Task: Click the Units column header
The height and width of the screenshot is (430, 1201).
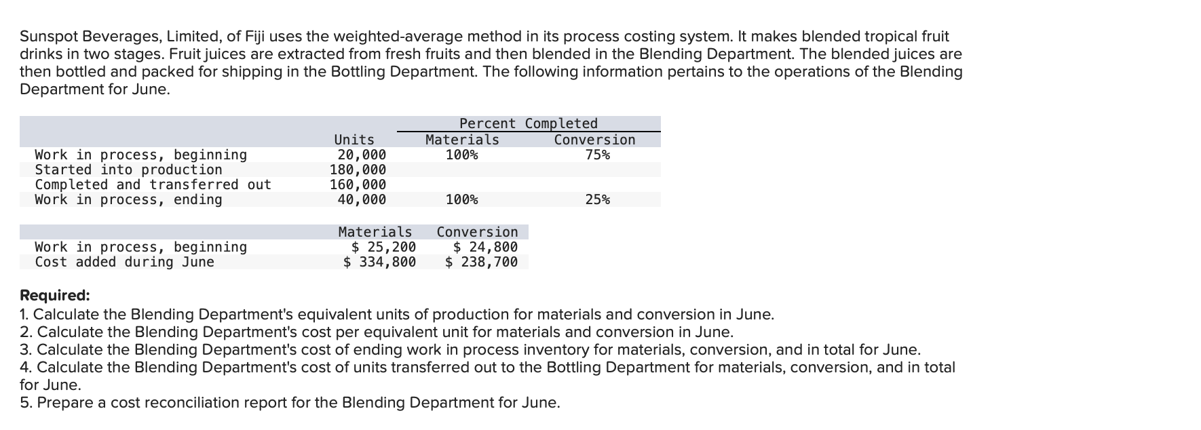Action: click(x=354, y=140)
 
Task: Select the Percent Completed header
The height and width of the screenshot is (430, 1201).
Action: click(x=528, y=123)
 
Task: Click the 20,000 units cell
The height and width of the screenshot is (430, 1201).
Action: click(x=362, y=155)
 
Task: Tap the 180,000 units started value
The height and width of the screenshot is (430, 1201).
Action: click(x=358, y=170)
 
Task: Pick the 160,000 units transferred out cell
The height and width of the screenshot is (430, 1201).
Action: click(x=358, y=184)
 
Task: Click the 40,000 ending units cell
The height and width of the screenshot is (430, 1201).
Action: click(x=362, y=199)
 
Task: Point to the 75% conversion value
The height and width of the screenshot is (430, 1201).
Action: click(x=597, y=155)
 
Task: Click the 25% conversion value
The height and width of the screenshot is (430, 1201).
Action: click(x=597, y=199)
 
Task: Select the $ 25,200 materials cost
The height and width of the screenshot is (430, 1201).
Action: click(x=383, y=247)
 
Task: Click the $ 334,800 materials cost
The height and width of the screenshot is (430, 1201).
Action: click(x=379, y=262)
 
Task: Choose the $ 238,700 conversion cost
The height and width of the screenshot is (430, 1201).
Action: click(x=481, y=262)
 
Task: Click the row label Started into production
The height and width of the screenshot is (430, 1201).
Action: click(x=128, y=170)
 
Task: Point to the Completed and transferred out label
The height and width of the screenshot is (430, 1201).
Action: click(x=153, y=184)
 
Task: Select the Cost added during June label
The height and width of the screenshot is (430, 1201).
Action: click(x=124, y=262)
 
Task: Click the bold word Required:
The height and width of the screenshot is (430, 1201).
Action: click(x=54, y=296)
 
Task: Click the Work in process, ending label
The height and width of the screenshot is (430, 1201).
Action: click(x=128, y=199)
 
